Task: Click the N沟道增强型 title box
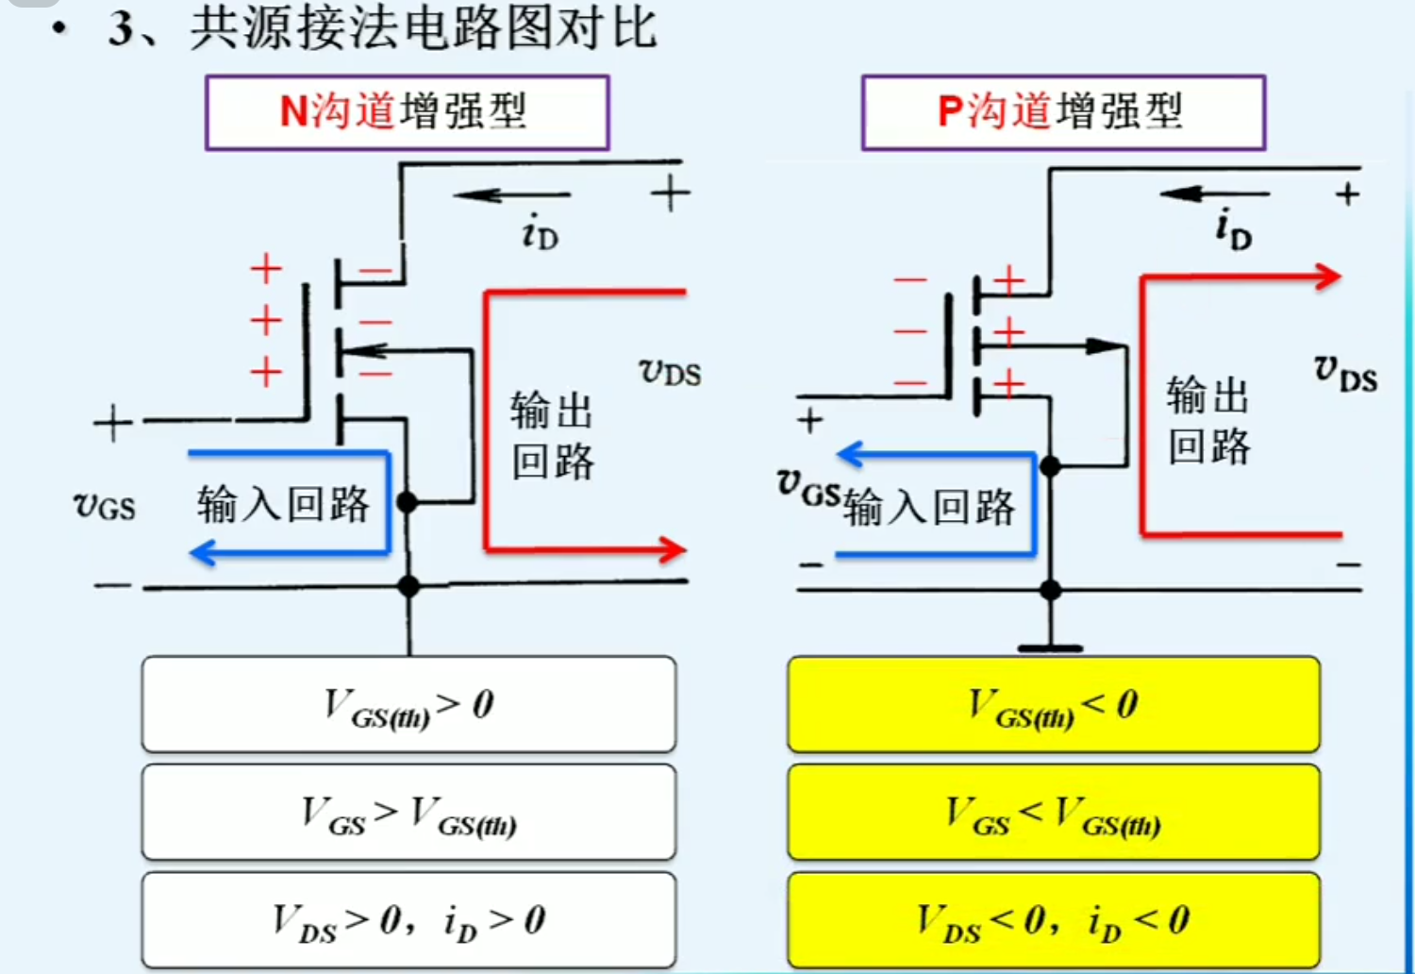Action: [407, 112]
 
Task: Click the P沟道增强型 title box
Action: [1063, 112]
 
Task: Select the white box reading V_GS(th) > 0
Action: [408, 705]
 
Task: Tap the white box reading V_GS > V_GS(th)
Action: [408, 813]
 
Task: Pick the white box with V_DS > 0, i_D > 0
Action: [408, 920]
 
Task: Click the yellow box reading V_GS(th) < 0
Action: [1054, 705]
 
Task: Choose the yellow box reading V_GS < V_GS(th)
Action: [1054, 813]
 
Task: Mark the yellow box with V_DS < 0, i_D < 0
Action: [1054, 920]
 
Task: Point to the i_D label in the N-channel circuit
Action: [541, 232]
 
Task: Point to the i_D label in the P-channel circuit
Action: [1233, 229]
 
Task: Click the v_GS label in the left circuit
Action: [105, 506]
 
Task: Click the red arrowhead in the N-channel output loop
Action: [673, 549]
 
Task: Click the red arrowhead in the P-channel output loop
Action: [1328, 277]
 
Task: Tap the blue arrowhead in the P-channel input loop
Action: [851, 455]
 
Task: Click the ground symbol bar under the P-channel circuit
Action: [1050, 648]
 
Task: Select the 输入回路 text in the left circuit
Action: [283, 504]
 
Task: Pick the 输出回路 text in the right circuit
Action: [1208, 420]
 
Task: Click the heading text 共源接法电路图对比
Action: [423, 26]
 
